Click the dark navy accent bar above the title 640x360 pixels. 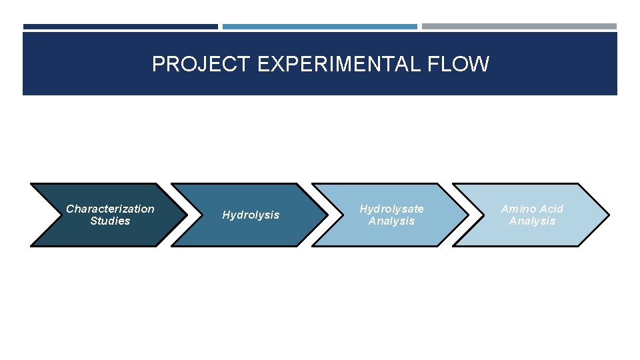point(120,27)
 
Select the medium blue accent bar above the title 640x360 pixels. point(319,27)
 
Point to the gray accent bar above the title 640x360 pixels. point(519,27)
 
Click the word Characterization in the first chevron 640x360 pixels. point(110,209)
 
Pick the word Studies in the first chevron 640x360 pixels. point(110,221)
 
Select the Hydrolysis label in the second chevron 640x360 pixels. point(251,215)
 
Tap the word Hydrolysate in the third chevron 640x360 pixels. point(391,209)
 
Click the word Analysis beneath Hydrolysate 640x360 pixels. point(391,221)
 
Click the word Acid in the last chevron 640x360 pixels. point(551,209)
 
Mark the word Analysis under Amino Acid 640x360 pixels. point(532,221)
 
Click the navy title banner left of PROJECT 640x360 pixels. point(87,64)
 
